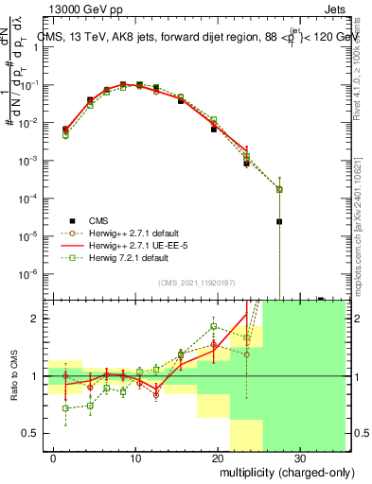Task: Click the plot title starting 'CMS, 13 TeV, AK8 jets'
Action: tap(189, 37)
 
